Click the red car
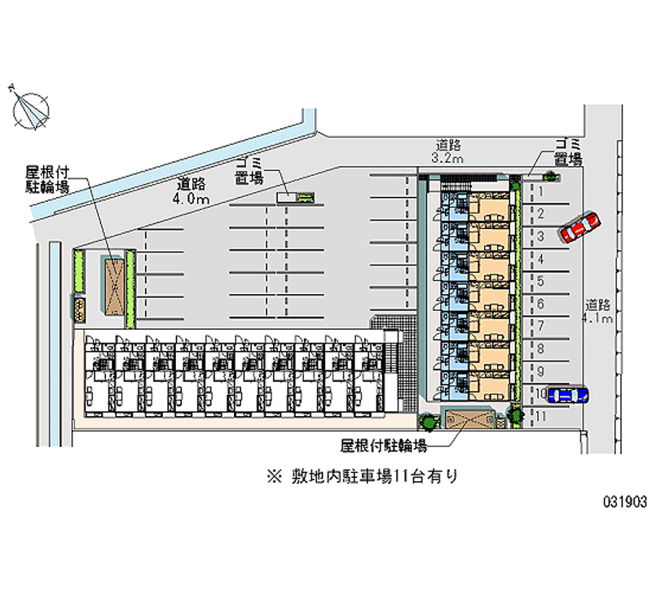pyautogui.click(x=579, y=226)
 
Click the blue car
pyautogui.click(x=567, y=395)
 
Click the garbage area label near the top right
pyautogui.click(x=566, y=151)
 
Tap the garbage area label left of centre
pyautogui.click(x=249, y=170)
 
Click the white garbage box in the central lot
pyautogui.click(x=286, y=196)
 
